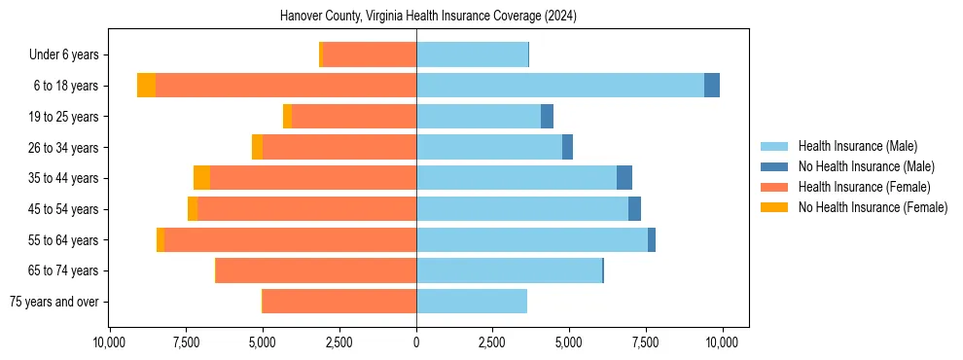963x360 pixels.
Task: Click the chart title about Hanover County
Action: tap(428, 17)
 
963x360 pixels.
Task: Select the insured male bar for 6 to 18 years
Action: tap(560, 86)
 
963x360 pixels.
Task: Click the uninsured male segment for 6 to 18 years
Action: tap(712, 86)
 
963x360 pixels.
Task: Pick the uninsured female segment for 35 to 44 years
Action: tap(201, 178)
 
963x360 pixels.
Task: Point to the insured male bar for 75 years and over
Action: tap(472, 302)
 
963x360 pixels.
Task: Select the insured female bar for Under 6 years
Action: tap(370, 54)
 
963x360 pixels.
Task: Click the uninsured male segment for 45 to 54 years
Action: tap(634, 209)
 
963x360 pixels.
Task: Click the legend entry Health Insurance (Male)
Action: tap(856, 146)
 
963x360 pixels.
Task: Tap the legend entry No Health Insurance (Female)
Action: tap(872, 207)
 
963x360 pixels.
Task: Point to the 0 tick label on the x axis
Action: tap(416, 342)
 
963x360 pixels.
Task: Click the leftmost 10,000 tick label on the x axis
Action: tap(109, 342)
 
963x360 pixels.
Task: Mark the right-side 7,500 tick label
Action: tap(646, 342)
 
